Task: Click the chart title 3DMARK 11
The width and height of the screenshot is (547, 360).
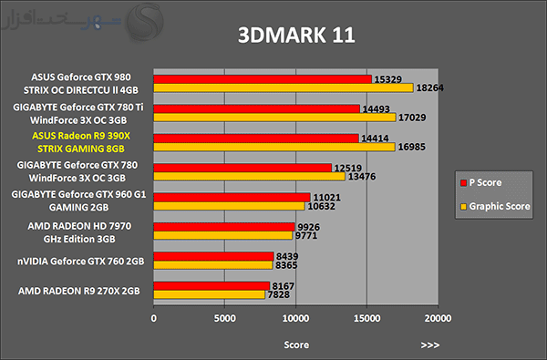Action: click(296, 35)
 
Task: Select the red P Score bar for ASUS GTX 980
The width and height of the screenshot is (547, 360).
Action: click(263, 79)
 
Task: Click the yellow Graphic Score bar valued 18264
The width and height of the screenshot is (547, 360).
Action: click(284, 87)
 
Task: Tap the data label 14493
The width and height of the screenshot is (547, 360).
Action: click(376, 109)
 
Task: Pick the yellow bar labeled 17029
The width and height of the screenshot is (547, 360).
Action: click(274, 118)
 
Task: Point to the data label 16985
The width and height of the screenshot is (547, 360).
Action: click(412, 147)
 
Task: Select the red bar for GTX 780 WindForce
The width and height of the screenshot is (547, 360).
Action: click(243, 168)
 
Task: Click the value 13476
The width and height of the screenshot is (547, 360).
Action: click(362, 177)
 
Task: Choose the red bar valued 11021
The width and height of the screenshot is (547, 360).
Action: click(232, 198)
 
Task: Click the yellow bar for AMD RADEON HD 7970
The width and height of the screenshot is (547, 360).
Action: click(223, 235)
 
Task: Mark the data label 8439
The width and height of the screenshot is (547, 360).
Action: click(287, 257)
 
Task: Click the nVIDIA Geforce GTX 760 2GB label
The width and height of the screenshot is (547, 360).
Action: click(81, 262)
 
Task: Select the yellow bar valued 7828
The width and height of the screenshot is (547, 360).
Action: click(210, 294)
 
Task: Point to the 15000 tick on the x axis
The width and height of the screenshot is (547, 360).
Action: click(366, 318)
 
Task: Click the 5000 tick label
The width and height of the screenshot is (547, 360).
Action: click(224, 318)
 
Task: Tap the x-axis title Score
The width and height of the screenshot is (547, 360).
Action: click(296, 345)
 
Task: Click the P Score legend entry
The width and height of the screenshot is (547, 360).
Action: click(481, 182)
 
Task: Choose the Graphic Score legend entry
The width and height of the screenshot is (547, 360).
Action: click(495, 206)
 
